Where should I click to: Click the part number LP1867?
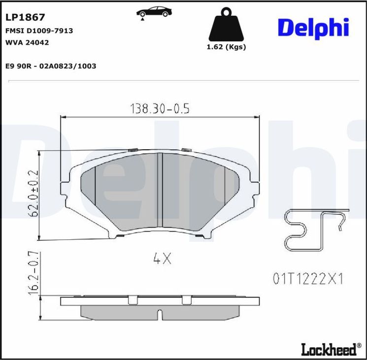tap(25, 17)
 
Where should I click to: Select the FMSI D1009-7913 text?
tap(39, 31)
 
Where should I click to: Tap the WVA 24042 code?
tap(27, 42)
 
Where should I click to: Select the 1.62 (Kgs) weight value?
tap(226, 47)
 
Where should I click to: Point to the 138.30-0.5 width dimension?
tap(159, 108)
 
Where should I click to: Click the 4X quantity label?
tap(162, 259)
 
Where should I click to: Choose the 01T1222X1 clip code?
tap(307, 279)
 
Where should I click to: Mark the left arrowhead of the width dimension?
tap(63, 117)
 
